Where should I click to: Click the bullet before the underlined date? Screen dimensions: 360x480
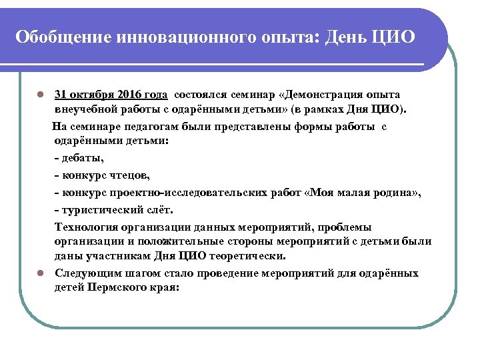click(x=41, y=95)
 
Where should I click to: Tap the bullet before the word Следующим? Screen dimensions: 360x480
click(x=41, y=273)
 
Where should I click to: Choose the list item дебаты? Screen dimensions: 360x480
click(x=82, y=159)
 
